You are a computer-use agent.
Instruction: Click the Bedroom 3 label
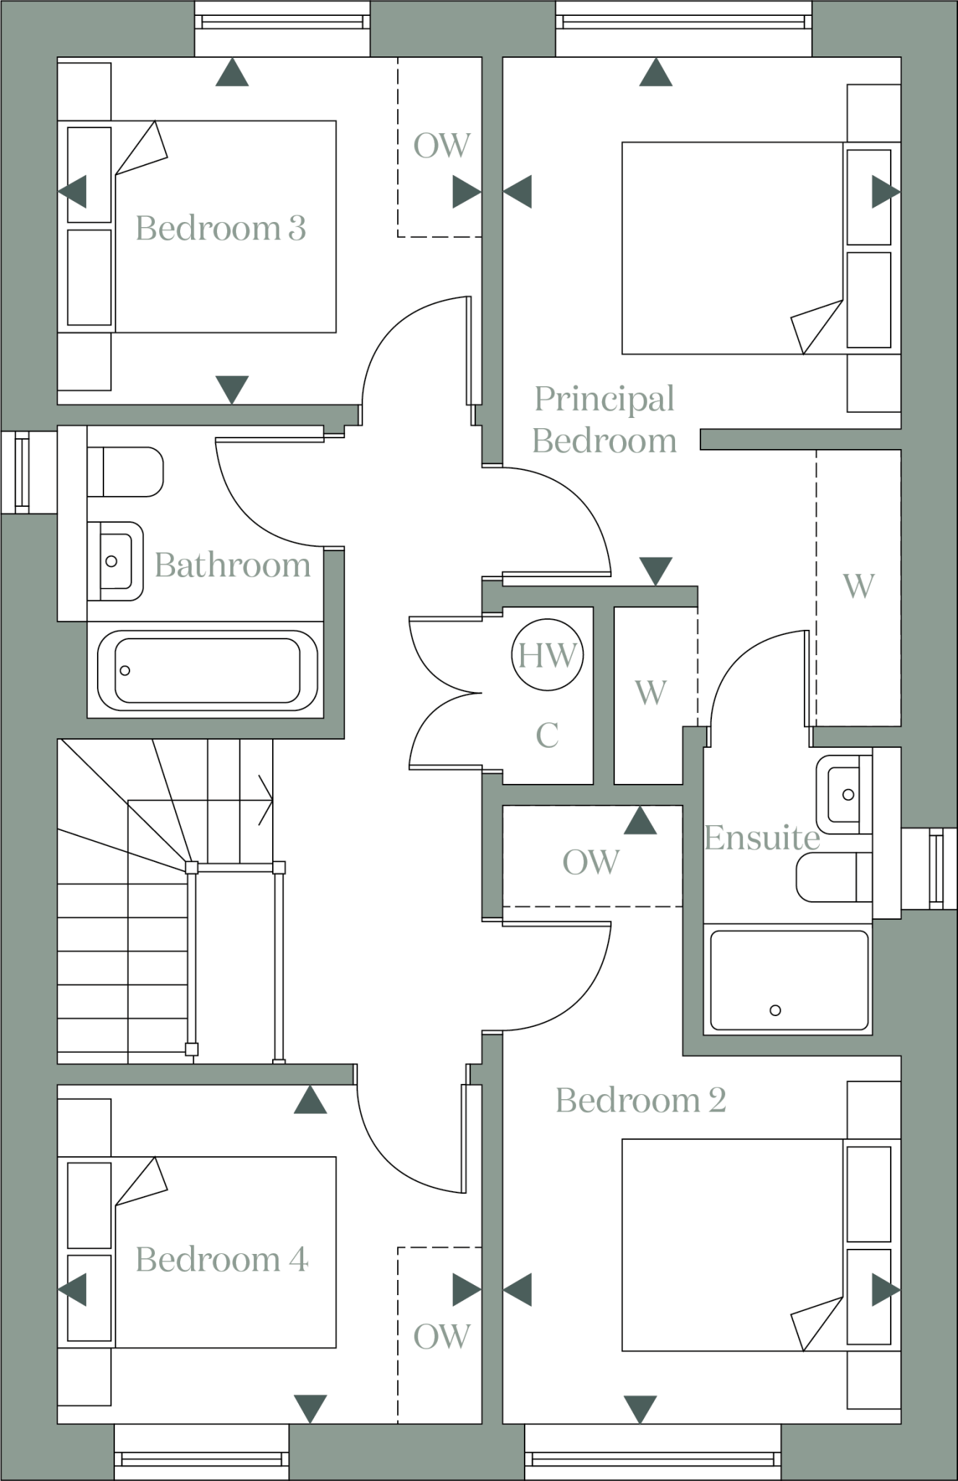click(x=221, y=229)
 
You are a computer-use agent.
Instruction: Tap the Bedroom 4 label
click(x=221, y=1260)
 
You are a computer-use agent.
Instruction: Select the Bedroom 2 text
click(x=640, y=1101)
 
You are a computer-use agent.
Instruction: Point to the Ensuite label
click(x=761, y=838)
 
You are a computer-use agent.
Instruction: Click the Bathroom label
click(x=232, y=565)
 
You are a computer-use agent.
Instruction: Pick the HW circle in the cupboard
click(x=547, y=655)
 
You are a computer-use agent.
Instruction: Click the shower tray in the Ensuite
click(x=789, y=980)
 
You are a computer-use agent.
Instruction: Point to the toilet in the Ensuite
click(x=832, y=877)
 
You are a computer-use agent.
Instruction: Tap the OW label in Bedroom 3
click(x=441, y=146)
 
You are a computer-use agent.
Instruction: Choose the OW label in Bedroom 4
click(x=441, y=1336)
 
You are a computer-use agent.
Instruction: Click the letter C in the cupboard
click(x=547, y=736)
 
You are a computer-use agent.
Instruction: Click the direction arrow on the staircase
click(x=265, y=800)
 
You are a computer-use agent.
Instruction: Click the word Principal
click(x=604, y=399)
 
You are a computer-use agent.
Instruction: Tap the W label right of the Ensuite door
click(x=858, y=586)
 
